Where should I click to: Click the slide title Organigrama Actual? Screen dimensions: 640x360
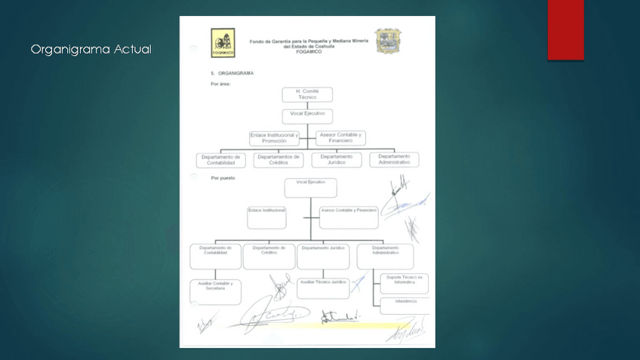click(x=91, y=50)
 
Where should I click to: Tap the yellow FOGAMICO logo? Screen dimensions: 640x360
click(x=223, y=43)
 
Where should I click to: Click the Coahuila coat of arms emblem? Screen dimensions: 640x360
click(x=388, y=41)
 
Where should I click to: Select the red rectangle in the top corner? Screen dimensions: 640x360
click(x=565, y=29)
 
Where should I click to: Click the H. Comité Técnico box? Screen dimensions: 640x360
click(x=307, y=94)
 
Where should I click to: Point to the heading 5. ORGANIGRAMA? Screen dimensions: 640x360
click(x=232, y=73)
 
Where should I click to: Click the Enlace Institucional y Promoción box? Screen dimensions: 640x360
click(x=274, y=138)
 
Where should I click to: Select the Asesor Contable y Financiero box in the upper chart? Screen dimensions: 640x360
click(x=340, y=138)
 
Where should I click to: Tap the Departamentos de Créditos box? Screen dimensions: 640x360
click(x=278, y=160)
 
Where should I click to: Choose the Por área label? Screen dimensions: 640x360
click(x=220, y=84)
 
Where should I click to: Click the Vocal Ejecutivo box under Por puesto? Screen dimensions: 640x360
click(x=310, y=188)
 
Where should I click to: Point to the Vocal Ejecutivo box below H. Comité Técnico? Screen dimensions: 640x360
click(x=307, y=116)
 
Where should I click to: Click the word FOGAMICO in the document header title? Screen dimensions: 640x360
click(x=309, y=51)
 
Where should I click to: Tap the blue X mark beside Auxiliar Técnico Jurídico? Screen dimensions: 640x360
click(x=358, y=284)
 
